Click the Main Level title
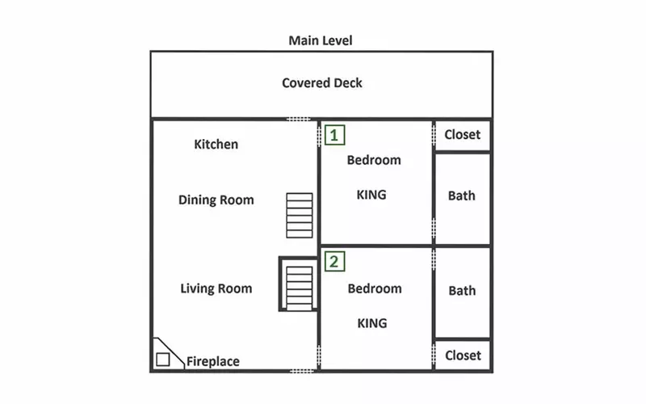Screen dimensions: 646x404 pyautogui.click(x=321, y=40)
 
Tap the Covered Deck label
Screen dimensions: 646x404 pyautogui.click(x=322, y=83)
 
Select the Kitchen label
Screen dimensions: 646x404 pyautogui.click(x=216, y=145)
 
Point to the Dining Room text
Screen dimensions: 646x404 pyautogui.click(x=216, y=200)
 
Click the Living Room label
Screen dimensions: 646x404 pyautogui.click(x=216, y=288)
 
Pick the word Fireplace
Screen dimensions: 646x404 pyautogui.click(x=213, y=361)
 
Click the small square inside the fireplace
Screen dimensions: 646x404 pyautogui.click(x=163, y=360)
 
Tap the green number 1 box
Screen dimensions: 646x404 pyautogui.click(x=334, y=135)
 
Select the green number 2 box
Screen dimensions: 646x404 pyautogui.click(x=334, y=262)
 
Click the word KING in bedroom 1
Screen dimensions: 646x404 pyautogui.click(x=371, y=195)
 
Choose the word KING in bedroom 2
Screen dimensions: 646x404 pyautogui.click(x=372, y=323)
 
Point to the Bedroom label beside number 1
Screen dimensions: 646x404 pyautogui.click(x=374, y=160)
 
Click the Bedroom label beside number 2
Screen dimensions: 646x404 pyautogui.click(x=375, y=288)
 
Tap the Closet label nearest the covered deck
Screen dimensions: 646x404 pyautogui.click(x=462, y=134)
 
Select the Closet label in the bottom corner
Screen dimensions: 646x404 pyautogui.click(x=463, y=356)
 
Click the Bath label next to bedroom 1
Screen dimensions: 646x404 pyautogui.click(x=461, y=196)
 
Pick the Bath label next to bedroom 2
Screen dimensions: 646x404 pyautogui.click(x=462, y=291)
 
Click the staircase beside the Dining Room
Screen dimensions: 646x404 pyautogui.click(x=300, y=216)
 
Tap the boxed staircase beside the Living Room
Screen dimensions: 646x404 pyautogui.click(x=299, y=284)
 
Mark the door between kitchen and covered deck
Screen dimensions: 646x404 pyautogui.click(x=299, y=119)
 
